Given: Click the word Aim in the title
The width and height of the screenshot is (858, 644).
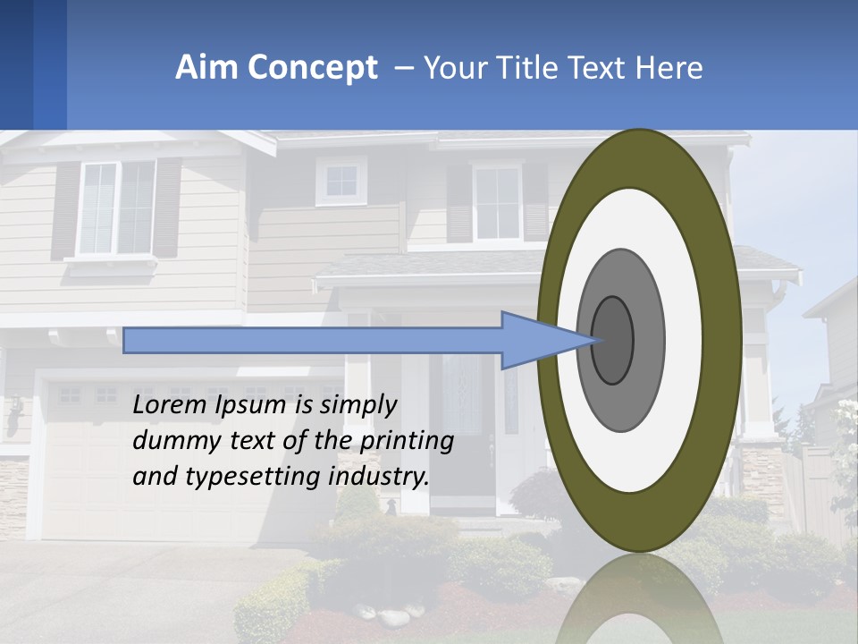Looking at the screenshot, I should (207, 68).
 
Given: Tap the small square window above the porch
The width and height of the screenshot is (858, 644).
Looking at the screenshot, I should (341, 181).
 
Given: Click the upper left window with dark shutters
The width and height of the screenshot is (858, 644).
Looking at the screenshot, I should (116, 208).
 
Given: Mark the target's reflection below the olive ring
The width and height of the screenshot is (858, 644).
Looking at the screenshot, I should (639, 599).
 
